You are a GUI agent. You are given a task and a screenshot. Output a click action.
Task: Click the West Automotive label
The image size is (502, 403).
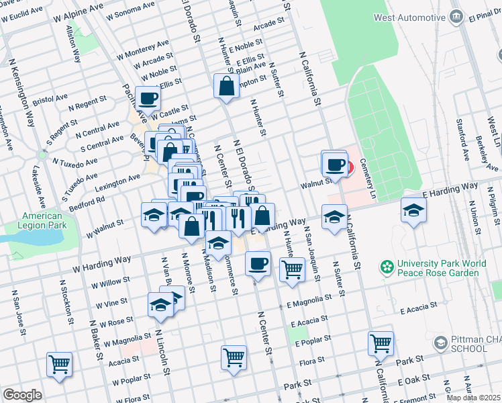point(408,17)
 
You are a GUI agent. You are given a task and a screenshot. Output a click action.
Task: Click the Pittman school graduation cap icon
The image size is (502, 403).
point(440,343)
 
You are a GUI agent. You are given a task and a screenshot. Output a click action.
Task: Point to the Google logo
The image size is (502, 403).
point(22,395)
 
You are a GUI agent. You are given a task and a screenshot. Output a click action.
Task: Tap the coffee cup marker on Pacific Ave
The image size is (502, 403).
point(148,98)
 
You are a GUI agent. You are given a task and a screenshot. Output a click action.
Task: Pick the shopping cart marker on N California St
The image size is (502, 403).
point(381,343)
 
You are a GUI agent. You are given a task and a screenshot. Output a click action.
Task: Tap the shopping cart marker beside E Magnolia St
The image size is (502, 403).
point(291,269)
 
